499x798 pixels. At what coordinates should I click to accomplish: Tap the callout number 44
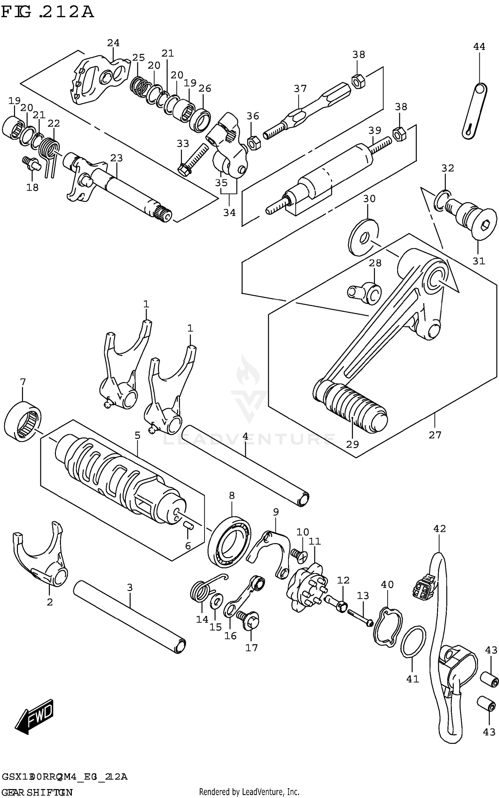click(x=479, y=47)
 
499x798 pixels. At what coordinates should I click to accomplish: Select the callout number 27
click(x=435, y=435)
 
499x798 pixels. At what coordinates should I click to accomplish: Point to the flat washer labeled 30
click(x=364, y=238)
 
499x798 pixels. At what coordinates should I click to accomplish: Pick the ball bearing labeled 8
click(x=230, y=542)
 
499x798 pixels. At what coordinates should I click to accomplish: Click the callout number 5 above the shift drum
click(x=137, y=435)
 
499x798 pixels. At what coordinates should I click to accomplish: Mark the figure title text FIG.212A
click(x=47, y=12)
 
